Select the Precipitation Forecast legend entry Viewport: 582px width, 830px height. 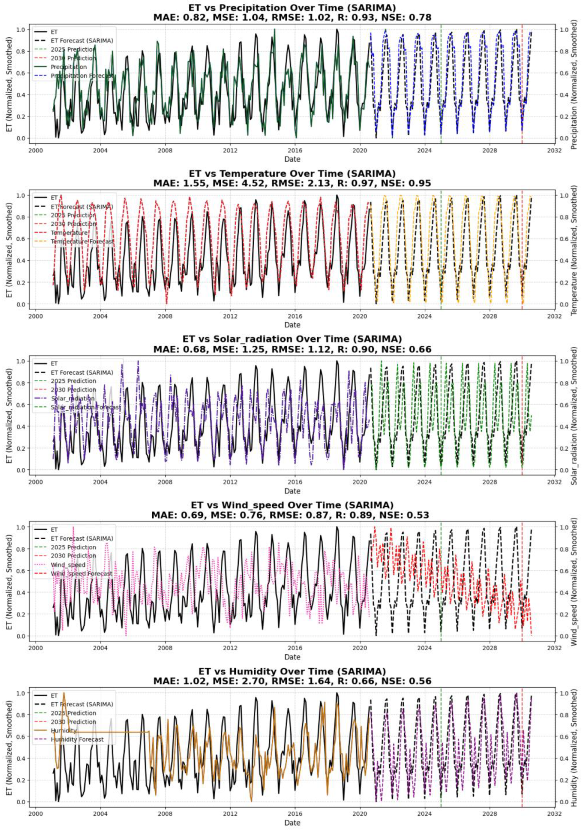81,76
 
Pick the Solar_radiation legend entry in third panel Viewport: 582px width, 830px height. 72,398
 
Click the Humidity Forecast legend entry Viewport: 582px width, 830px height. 77,739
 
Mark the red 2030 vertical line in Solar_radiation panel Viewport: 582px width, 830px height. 522,416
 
